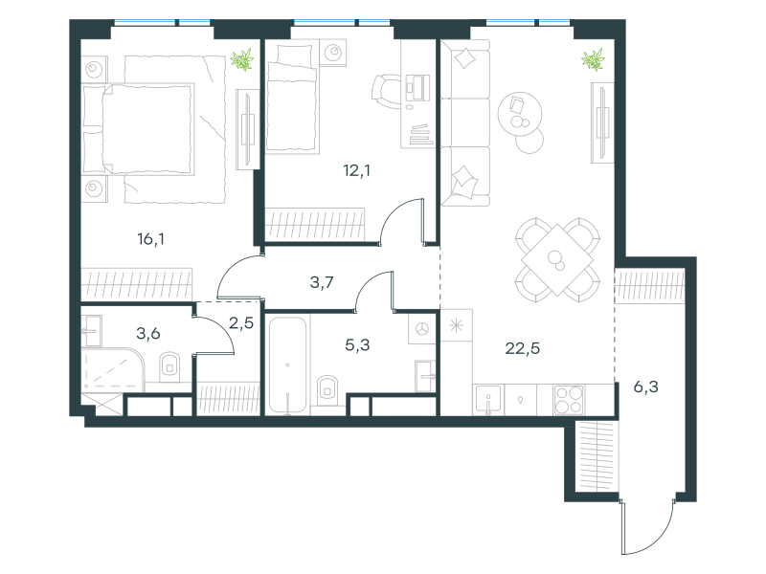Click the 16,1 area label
pyautogui.click(x=151, y=239)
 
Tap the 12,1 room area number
pyautogui.click(x=356, y=171)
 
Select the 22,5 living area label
pyautogui.click(x=522, y=348)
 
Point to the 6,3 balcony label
pyautogui.click(x=645, y=387)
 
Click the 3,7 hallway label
pyautogui.click(x=322, y=282)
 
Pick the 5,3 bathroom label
pyautogui.click(x=357, y=345)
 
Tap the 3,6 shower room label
pyautogui.click(x=148, y=334)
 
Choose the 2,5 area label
pyautogui.click(x=241, y=323)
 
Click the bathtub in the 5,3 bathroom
pyautogui.click(x=288, y=365)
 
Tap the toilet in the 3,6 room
pyautogui.click(x=169, y=366)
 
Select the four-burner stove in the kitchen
pyautogui.click(x=569, y=400)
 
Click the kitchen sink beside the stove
pyautogui.click(x=488, y=400)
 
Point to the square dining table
pyautogui.click(x=557, y=259)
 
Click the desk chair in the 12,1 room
pyautogui.click(x=386, y=91)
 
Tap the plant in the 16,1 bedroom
pyautogui.click(x=242, y=59)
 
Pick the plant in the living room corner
pyautogui.click(x=593, y=59)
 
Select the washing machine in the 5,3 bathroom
pyautogui.click(x=422, y=329)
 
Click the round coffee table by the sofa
pyautogui.click(x=520, y=114)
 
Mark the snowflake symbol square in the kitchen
pyautogui.click(x=457, y=325)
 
